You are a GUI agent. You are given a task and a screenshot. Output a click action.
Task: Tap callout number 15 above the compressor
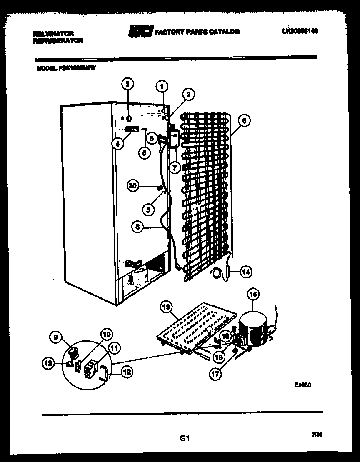tap(252, 295)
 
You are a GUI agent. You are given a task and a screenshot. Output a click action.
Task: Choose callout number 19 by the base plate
tap(166, 308)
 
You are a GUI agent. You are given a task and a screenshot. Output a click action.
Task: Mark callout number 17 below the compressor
tap(215, 374)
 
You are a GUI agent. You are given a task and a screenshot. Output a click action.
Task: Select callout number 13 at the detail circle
tap(48, 364)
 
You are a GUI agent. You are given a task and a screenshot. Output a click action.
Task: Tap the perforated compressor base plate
tap(196, 329)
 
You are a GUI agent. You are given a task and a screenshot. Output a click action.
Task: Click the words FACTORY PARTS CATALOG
tap(197, 31)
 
